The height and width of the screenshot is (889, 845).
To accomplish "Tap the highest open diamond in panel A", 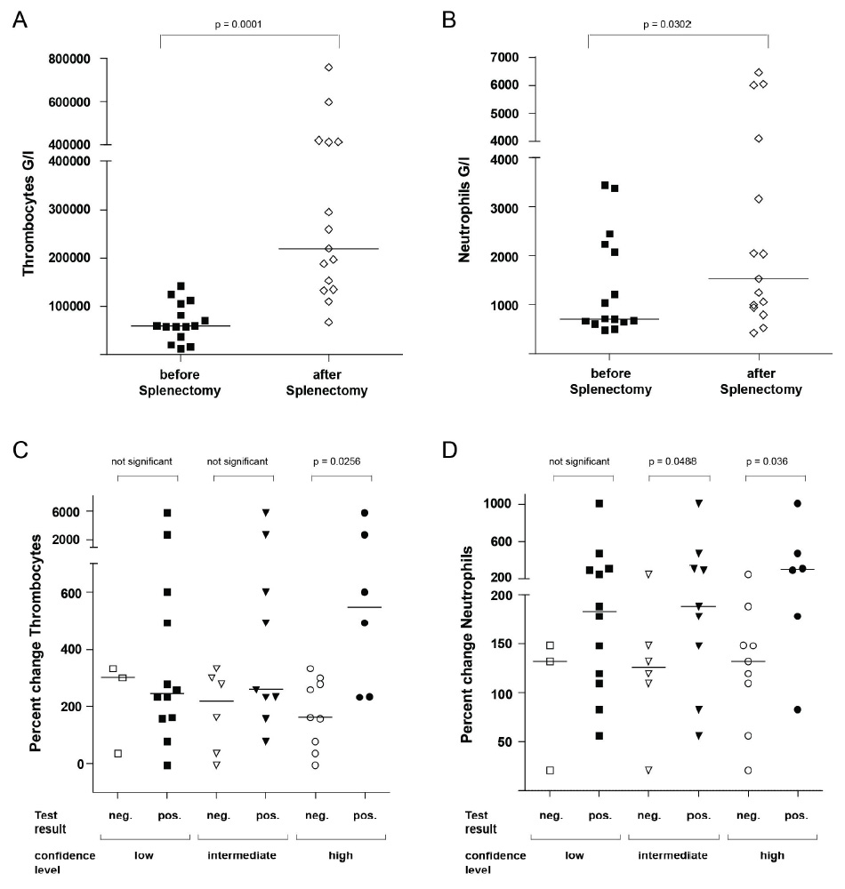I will [x=328, y=68].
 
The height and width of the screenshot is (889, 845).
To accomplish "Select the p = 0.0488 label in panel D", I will [x=680, y=461].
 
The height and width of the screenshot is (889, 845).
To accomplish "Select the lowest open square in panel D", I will [x=551, y=770].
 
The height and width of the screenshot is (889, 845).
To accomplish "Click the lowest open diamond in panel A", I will [x=328, y=322].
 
